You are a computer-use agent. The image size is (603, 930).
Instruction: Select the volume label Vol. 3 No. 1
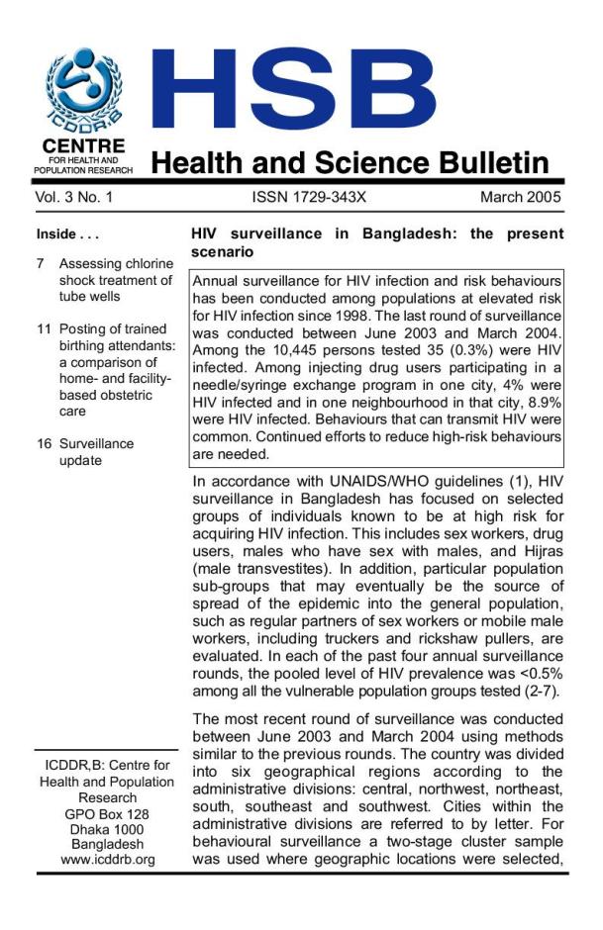[x=76, y=198]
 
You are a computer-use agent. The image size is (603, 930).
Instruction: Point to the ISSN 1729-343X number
[x=309, y=198]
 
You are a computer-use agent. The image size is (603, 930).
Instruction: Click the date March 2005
[x=520, y=198]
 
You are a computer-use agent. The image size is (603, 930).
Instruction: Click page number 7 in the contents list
[x=41, y=264]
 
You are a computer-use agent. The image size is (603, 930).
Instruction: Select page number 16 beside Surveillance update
[x=44, y=444]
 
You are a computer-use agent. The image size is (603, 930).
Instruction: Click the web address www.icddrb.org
[x=107, y=860]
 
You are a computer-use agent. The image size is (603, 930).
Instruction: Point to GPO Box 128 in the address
[x=107, y=812]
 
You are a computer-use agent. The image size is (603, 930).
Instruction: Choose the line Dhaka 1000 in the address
[x=107, y=828]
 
